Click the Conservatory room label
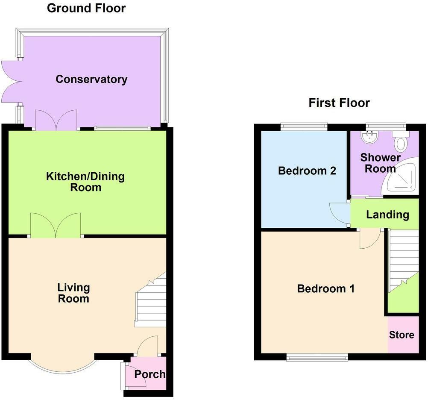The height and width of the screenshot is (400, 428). (91, 79)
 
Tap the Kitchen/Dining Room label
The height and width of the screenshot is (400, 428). (85, 182)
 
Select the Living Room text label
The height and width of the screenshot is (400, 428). (73, 293)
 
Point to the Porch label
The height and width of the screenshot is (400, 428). (150, 374)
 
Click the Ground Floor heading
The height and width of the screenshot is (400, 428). (86, 8)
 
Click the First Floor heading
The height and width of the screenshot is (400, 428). (339, 103)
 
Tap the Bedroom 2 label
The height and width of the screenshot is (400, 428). (307, 171)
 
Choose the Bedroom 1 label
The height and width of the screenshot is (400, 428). (326, 288)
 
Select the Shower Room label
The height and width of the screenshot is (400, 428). (380, 163)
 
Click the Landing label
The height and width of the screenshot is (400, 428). (387, 215)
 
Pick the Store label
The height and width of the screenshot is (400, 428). (402, 335)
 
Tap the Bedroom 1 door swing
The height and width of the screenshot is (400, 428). (370, 239)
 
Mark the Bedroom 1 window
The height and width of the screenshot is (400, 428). (317, 357)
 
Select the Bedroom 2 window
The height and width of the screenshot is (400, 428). (304, 126)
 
